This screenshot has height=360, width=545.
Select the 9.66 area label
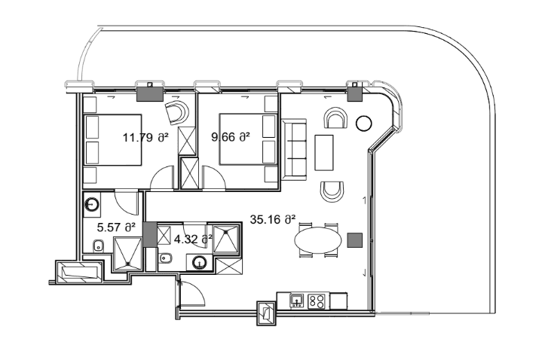(230, 138)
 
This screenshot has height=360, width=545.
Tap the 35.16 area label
(272, 220)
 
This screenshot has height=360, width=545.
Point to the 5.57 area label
(117, 226)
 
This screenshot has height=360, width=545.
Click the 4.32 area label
(193, 239)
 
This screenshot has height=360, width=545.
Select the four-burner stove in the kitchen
(318, 301)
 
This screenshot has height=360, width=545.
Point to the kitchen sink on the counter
(297, 301)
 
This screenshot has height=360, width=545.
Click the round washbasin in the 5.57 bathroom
(92, 203)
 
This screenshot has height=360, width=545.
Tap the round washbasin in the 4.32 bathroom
(200, 263)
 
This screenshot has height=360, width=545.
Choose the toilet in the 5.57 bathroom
(97, 246)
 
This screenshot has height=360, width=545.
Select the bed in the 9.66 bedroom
(245, 139)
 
